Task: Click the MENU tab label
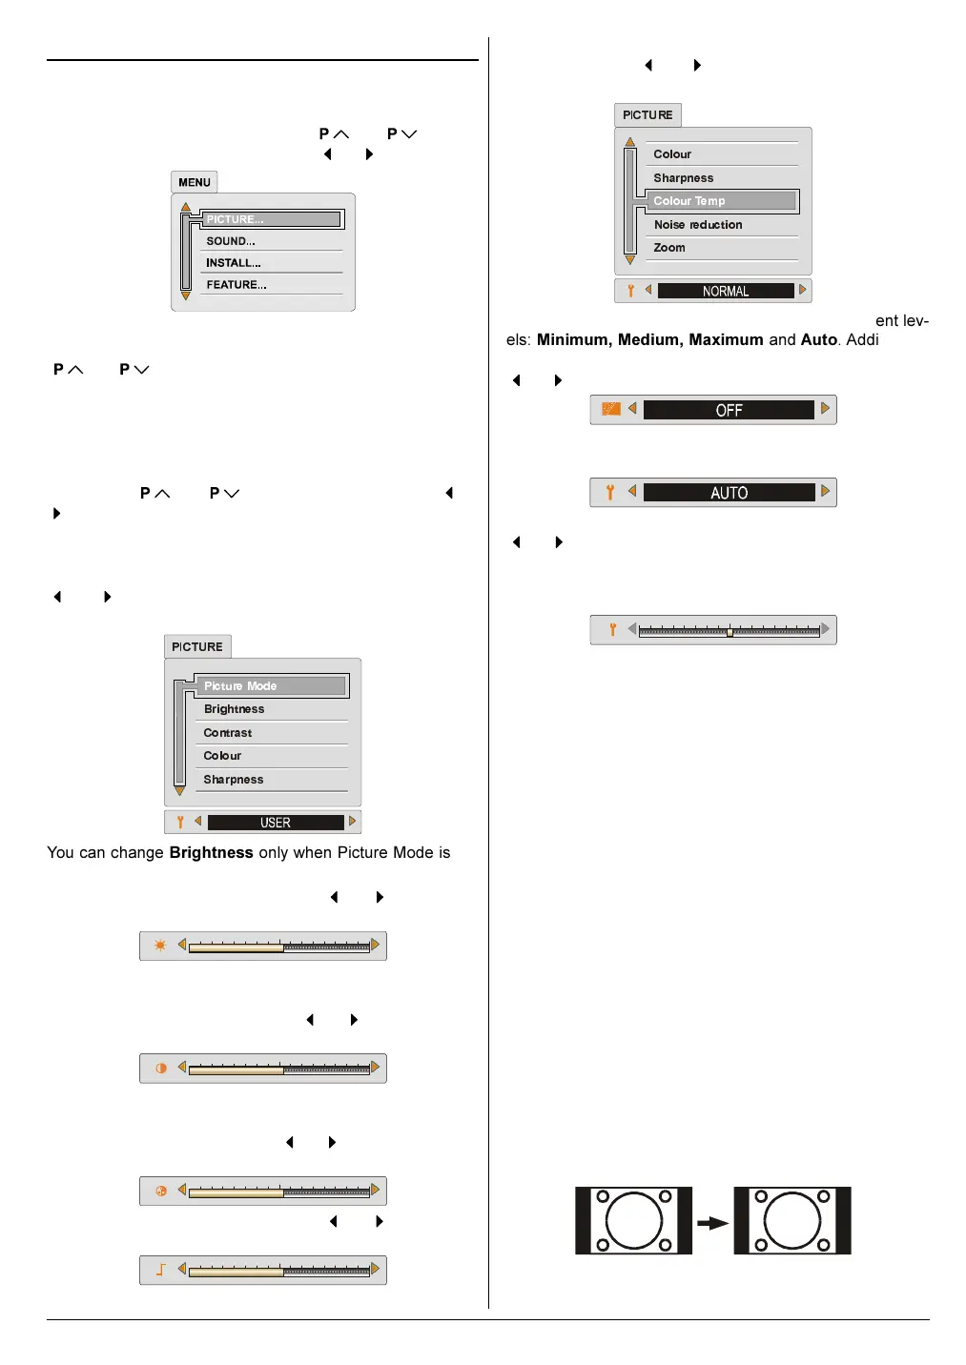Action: click(195, 182)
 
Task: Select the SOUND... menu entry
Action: click(231, 241)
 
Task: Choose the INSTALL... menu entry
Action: click(234, 263)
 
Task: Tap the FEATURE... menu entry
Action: click(236, 285)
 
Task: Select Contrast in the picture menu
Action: click(228, 733)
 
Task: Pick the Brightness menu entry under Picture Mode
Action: click(235, 709)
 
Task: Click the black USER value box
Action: click(276, 823)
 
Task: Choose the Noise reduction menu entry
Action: click(698, 225)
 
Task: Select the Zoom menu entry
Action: click(669, 248)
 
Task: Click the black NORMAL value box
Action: click(726, 292)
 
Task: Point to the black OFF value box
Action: click(729, 410)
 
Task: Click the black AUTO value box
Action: click(729, 493)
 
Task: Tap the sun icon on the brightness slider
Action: click(160, 946)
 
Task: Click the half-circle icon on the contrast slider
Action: click(161, 1069)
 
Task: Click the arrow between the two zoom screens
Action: click(712, 1223)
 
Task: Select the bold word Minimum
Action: click(572, 340)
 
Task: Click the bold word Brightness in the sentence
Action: click(211, 853)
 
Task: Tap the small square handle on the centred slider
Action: click(730, 632)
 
